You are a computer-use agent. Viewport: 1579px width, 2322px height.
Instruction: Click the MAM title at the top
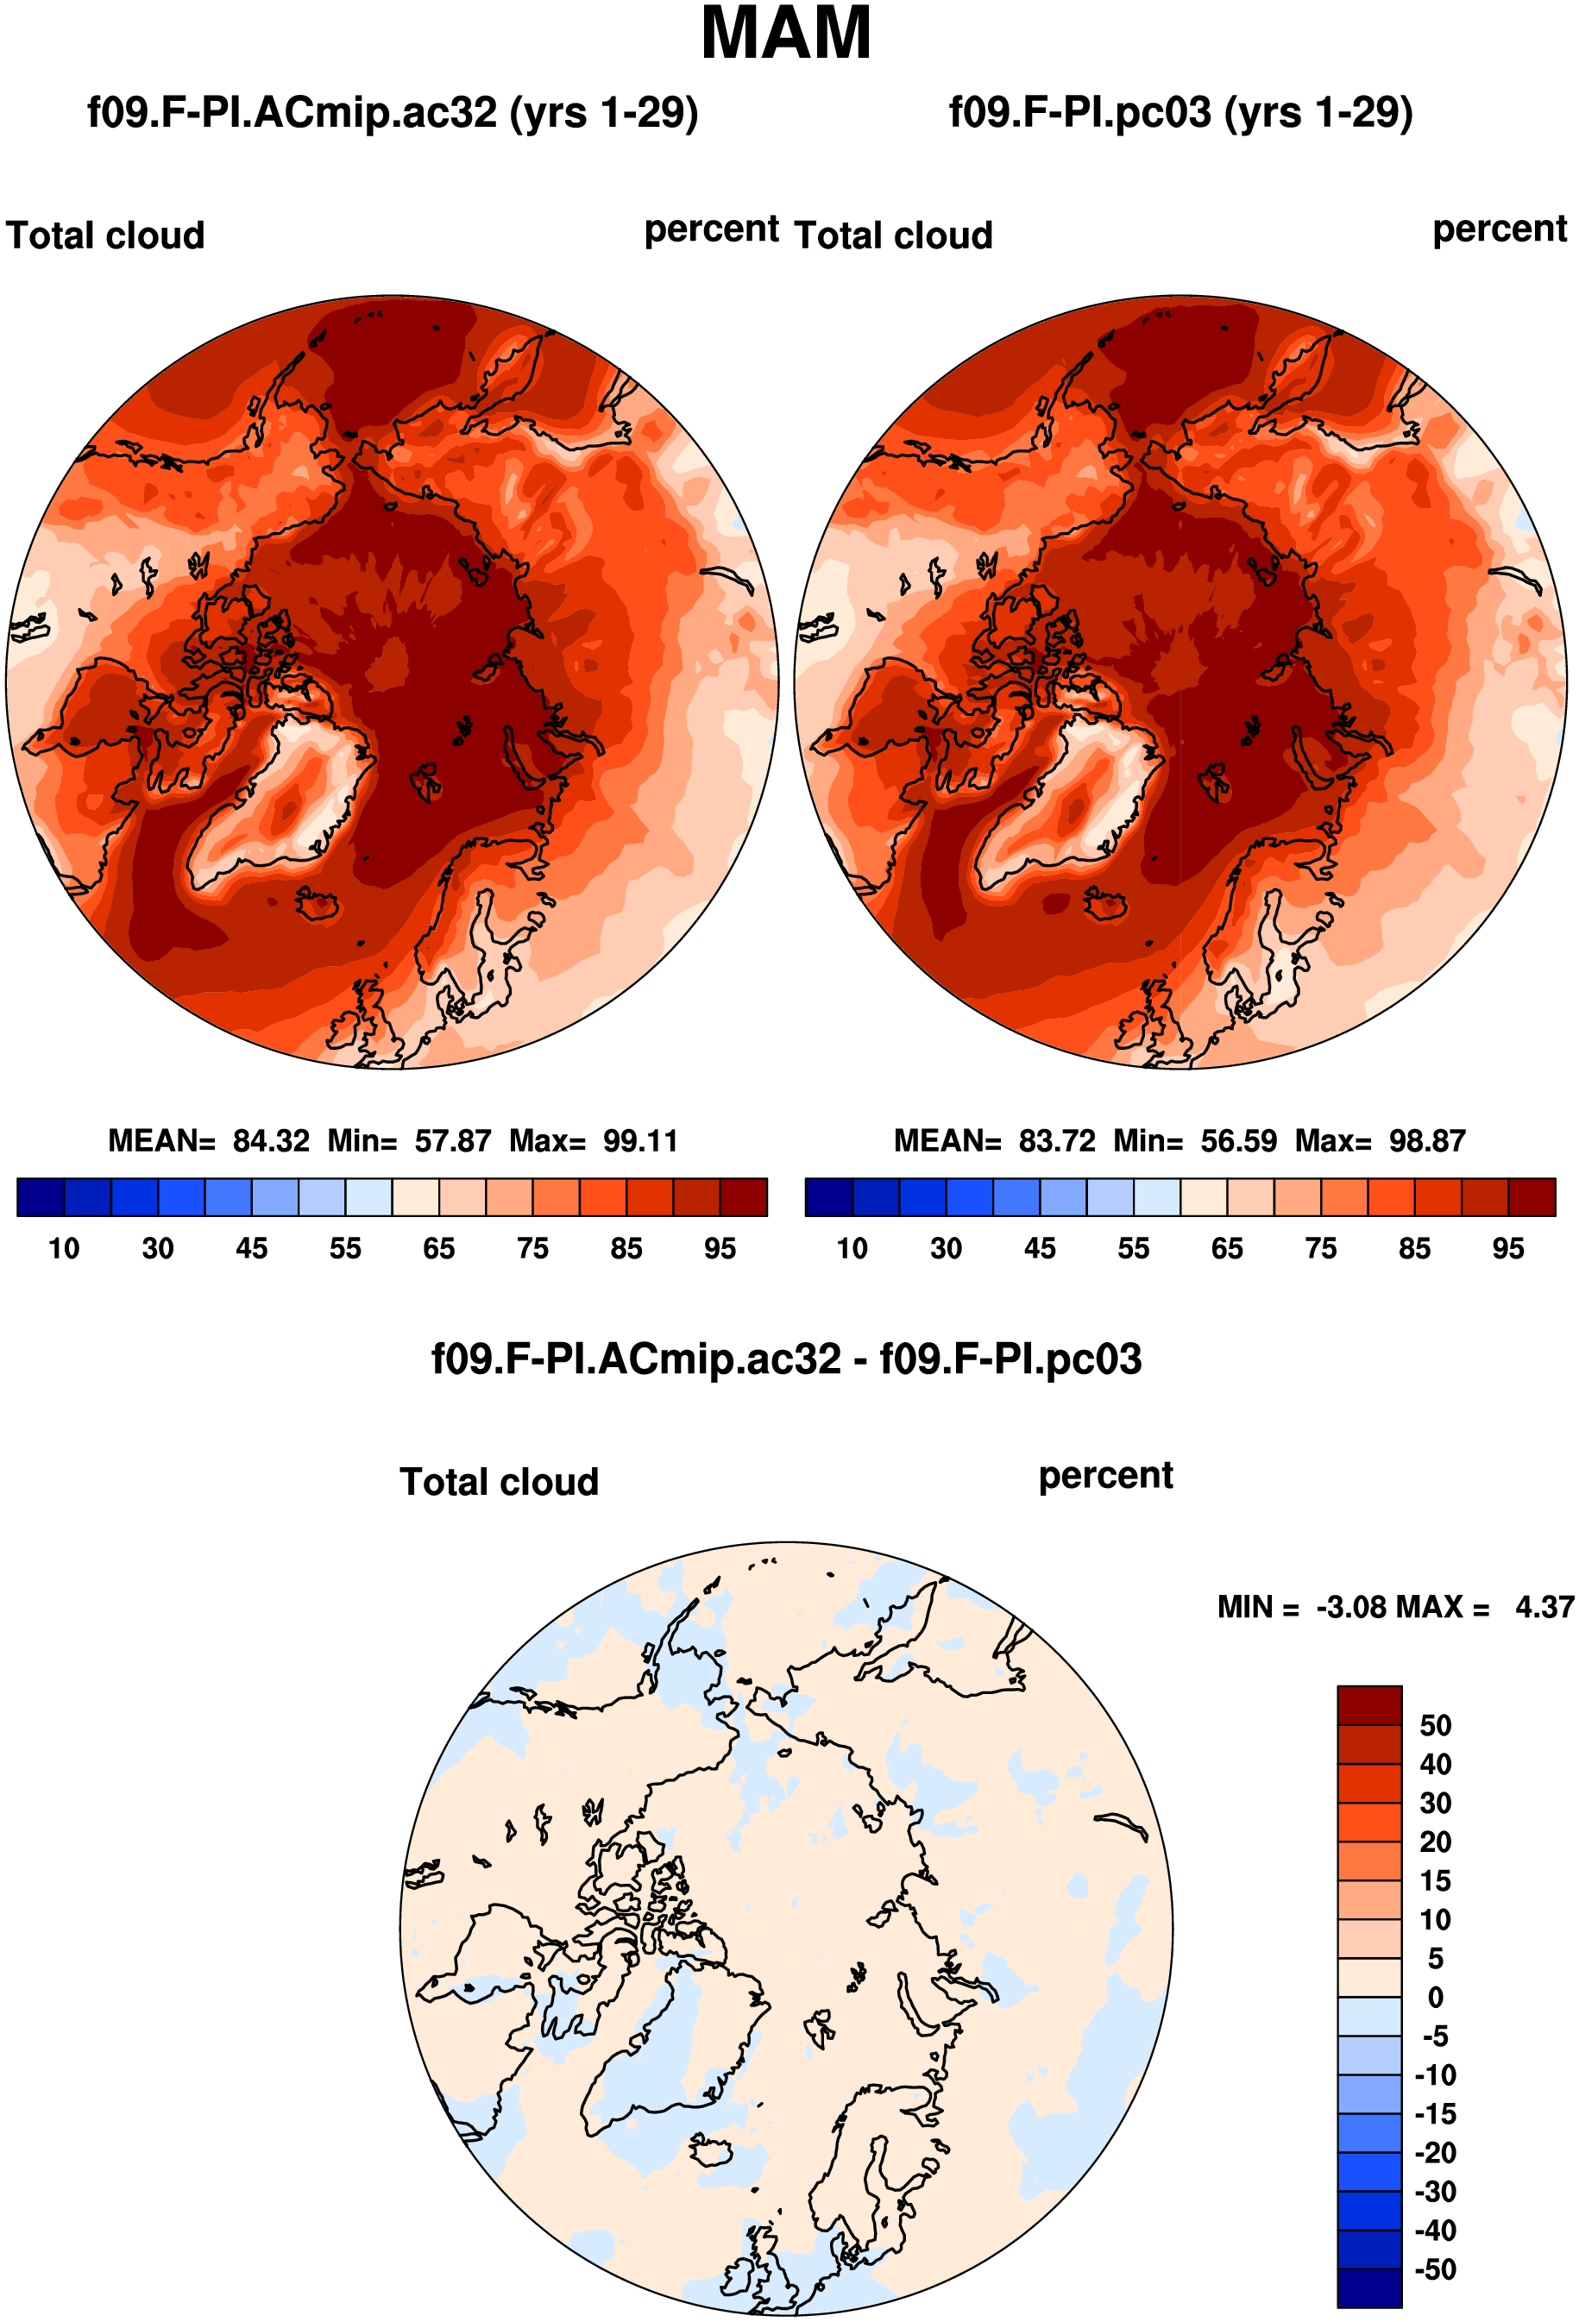click(x=787, y=33)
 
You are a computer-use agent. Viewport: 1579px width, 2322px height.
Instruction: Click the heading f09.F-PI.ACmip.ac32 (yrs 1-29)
click(x=393, y=113)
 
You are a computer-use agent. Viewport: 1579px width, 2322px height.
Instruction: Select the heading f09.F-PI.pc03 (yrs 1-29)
click(x=1180, y=113)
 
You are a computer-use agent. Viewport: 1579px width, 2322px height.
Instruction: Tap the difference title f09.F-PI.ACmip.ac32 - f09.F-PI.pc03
click(x=787, y=1359)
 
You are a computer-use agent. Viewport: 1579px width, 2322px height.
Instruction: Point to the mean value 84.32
click(x=271, y=1141)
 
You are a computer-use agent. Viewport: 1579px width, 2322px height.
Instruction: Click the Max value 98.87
click(x=1427, y=1141)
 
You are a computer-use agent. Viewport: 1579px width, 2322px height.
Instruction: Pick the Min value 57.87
click(x=453, y=1141)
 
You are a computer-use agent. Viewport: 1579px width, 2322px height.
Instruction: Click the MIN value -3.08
click(x=1352, y=1608)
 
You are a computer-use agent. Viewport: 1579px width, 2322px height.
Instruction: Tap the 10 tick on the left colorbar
click(x=64, y=1249)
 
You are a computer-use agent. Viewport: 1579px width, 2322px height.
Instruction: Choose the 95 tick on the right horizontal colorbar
click(x=1508, y=1249)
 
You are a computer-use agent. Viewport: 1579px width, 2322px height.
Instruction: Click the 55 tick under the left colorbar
click(x=346, y=1249)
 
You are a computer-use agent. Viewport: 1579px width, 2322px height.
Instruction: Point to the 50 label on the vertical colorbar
click(x=1435, y=1725)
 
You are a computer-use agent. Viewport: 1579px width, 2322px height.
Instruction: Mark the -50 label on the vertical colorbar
click(x=1435, y=2269)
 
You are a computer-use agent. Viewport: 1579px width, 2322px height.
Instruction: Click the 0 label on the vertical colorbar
click(x=1435, y=1998)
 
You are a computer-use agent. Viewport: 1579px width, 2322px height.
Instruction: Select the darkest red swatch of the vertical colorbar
click(x=1369, y=1705)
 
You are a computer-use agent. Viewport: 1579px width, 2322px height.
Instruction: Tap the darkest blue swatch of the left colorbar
click(x=41, y=1197)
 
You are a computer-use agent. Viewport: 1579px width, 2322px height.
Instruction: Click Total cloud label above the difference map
click(x=500, y=1482)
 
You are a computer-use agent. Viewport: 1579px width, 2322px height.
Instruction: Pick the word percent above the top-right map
click(x=1500, y=229)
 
